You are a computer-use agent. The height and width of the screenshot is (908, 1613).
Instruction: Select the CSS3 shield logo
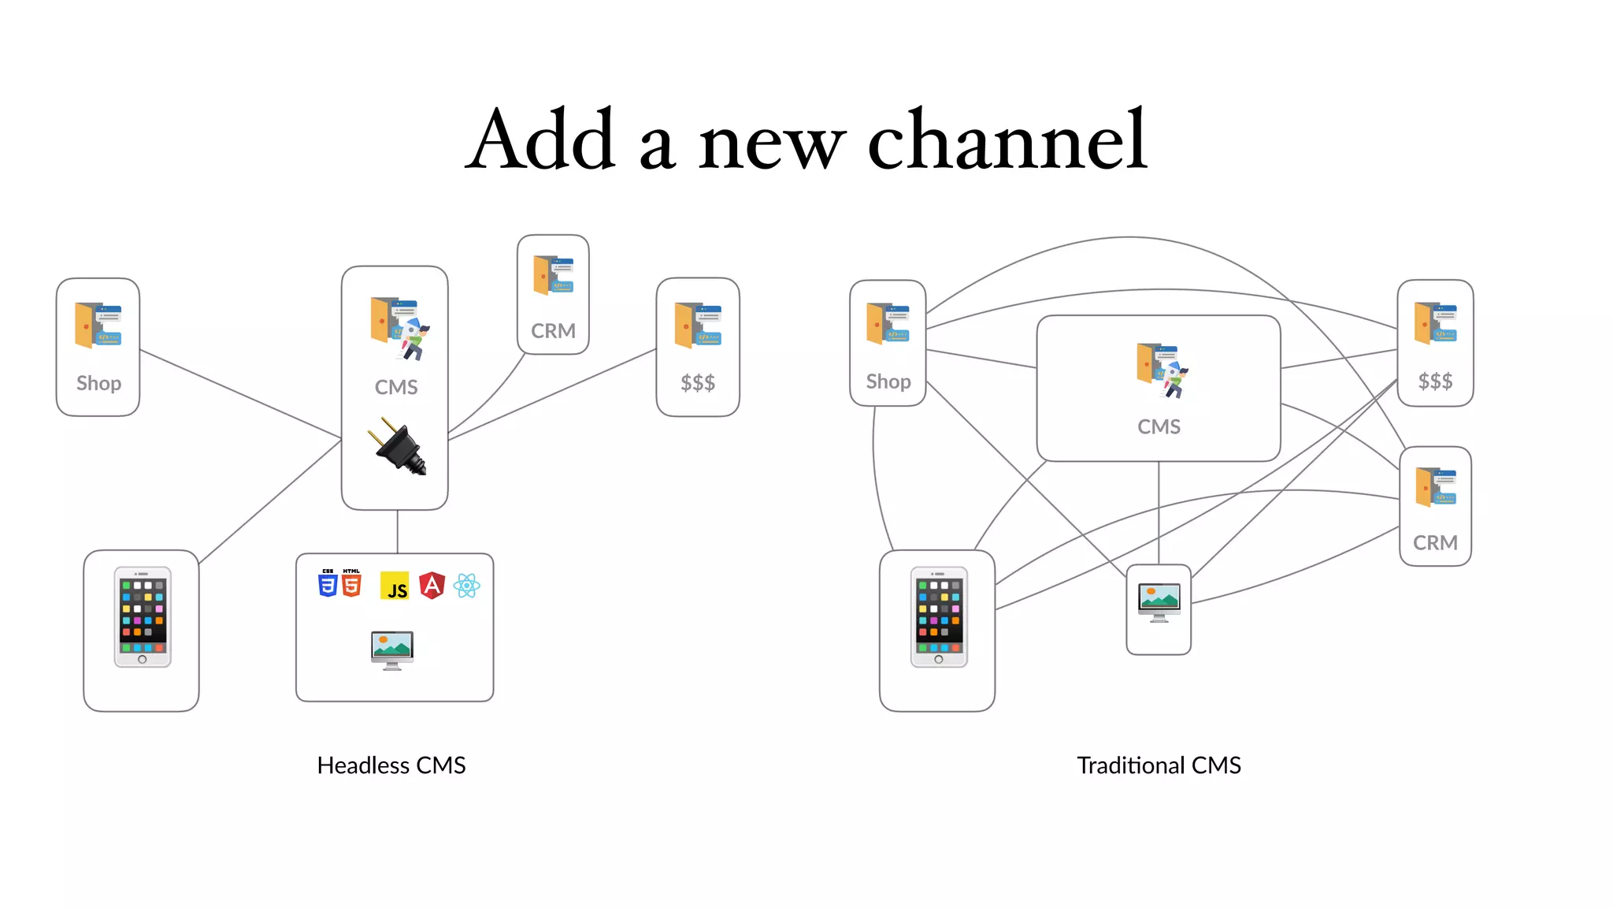[328, 583]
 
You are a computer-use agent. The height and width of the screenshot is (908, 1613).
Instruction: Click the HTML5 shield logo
[351, 583]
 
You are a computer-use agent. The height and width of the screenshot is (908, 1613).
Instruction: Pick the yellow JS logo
[395, 586]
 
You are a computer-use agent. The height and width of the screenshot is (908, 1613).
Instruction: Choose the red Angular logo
[432, 586]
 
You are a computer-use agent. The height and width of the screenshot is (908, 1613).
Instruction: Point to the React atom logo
[467, 586]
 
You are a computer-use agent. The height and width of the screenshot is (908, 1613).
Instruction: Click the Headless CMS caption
[391, 765]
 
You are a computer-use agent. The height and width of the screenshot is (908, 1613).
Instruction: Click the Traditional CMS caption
[1159, 765]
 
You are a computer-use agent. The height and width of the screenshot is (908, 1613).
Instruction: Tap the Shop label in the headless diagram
[98, 383]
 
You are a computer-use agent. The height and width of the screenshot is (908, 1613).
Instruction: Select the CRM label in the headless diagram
[553, 331]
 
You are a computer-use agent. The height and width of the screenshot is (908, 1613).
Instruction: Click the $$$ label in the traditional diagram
[1435, 381]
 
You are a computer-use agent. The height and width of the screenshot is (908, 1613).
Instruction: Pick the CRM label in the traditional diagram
[1435, 543]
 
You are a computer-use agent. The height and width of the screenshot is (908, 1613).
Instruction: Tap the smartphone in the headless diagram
[142, 617]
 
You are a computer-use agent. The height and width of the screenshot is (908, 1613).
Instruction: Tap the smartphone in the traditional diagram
[938, 617]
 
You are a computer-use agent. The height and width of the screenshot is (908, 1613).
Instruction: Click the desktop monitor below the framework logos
[392, 649]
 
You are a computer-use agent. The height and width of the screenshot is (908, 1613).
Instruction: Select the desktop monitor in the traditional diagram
[1159, 602]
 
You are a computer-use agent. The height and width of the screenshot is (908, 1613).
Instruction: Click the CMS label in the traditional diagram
[1159, 426]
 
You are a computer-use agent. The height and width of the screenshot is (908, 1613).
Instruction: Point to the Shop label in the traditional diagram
[888, 381]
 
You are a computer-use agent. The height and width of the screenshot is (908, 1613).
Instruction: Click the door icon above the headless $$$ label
[697, 325]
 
